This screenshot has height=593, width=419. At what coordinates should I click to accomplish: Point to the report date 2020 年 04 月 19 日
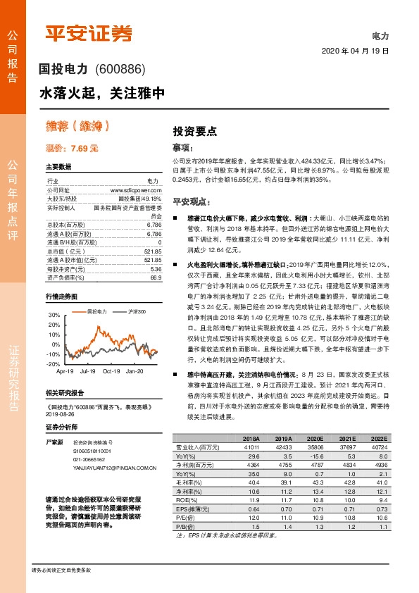pyautogui.click(x=355, y=51)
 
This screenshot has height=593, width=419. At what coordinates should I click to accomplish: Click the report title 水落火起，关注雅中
pyautogui.click(x=102, y=92)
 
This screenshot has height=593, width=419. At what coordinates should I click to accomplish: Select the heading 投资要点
pyautogui.click(x=194, y=131)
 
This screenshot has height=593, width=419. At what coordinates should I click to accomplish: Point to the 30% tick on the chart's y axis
pyautogui.click(x=54, y=314)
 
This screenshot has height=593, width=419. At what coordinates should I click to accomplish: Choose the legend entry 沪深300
pyautogui.click(x=137, y=311)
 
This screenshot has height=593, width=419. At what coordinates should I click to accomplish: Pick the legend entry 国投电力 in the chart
pyautogui.click(x=96, y=311)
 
